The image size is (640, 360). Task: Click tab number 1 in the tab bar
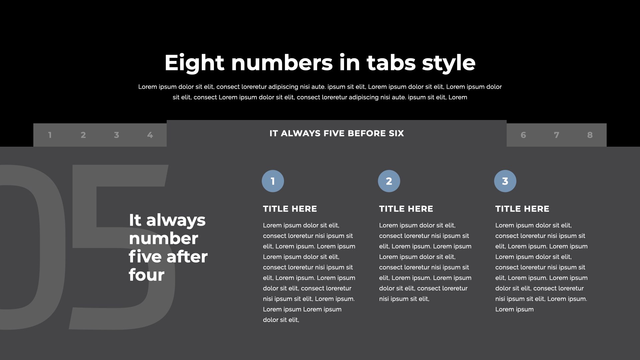coord(50,135)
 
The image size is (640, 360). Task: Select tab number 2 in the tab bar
coord(83,135)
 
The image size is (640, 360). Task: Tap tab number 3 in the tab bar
coord(117,135)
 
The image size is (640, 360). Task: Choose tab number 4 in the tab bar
coord(150,135)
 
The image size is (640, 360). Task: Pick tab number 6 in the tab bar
coord(523,135)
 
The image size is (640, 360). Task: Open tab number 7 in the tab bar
coord(557,135)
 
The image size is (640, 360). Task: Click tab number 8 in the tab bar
coord(590,135)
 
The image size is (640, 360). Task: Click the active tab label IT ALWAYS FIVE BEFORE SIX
coord(337,133)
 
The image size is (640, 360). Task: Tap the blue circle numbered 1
coord(273,181)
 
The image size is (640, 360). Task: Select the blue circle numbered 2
coord(389,181)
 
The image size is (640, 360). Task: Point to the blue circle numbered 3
coord(505,181)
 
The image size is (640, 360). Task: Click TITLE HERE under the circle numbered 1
coord(290,209)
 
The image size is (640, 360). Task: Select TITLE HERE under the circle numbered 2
coord(406,209)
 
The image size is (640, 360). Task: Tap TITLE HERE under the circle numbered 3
coord(522,209)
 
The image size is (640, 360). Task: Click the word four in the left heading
coord(147,275)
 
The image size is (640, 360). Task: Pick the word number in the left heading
coord(164,239)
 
